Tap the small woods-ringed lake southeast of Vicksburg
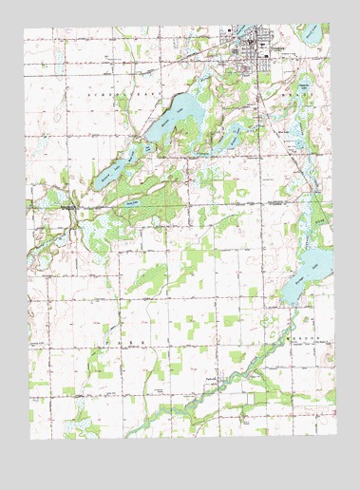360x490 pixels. click(302, 142)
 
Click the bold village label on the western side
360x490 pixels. click(65, 201)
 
